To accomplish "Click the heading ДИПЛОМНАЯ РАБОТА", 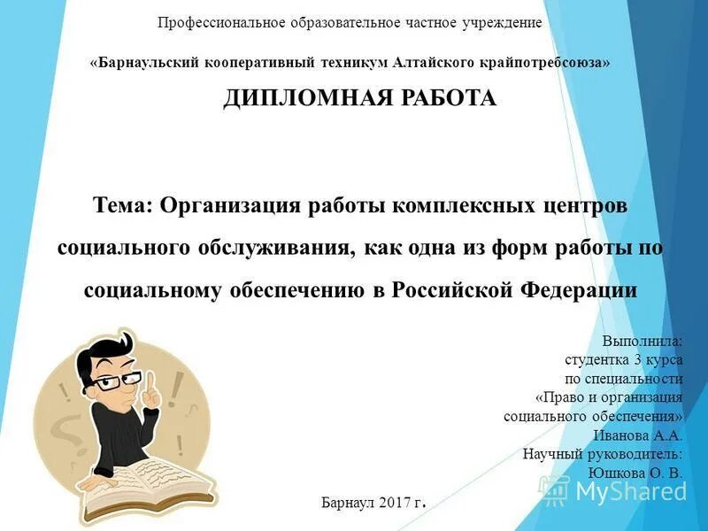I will (359, 97).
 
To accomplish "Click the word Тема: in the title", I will (123, 205).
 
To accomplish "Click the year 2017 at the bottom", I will (394, 502).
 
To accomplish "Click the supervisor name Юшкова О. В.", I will (635, 473).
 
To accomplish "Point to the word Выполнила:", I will (642, 341).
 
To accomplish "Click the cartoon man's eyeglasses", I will (119, 381).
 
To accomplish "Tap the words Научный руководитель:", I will (603, 453).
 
